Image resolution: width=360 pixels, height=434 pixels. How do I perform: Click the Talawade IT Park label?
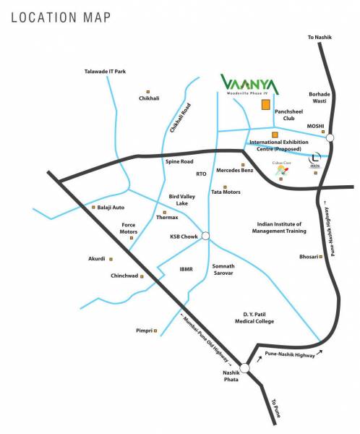coord(104,71)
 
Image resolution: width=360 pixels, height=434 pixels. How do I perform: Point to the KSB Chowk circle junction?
coord(206,236)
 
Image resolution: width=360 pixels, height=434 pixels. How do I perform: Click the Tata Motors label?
coord(226,192)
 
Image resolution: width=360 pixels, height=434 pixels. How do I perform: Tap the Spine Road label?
coord(179,161)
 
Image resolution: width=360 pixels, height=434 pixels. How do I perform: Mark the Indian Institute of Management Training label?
coord(280,228)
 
